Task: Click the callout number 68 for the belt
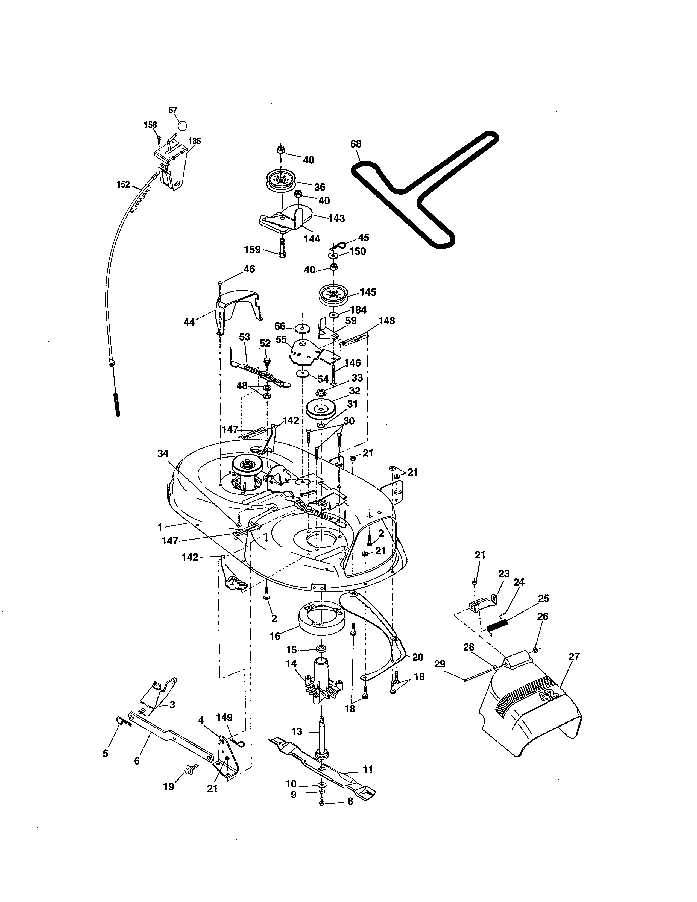point(356,144)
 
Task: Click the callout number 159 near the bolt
point(252,250)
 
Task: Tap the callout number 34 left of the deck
point(163,453)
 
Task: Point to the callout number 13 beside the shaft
point(297,731)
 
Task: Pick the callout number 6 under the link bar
point(137,760)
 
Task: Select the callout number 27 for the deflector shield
point(574,656)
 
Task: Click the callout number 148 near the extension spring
point(386,321)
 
